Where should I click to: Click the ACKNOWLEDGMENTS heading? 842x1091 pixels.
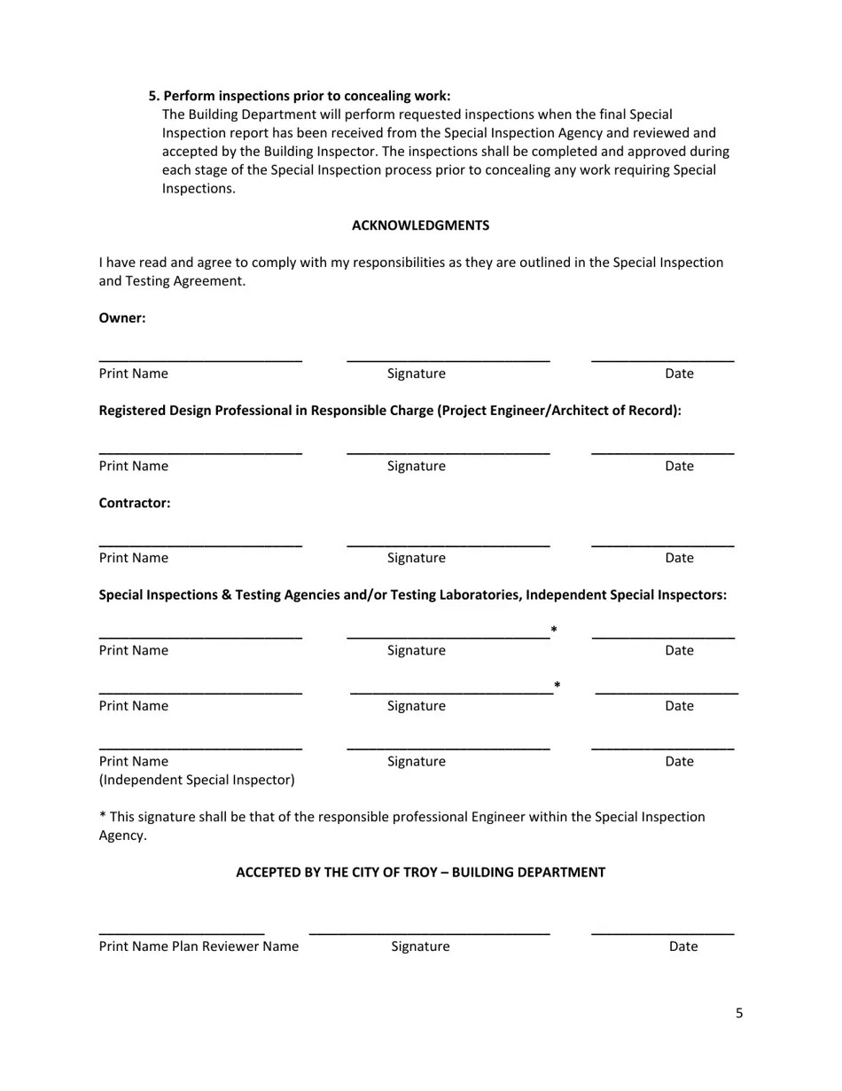point(420,225)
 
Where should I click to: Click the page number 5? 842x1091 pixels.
point(739,1013)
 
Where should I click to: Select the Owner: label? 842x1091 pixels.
point(122,318)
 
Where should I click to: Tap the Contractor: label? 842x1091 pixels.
point(135,503)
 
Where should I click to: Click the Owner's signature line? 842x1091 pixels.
point(448,359)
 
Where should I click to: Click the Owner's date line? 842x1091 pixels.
point(662,359)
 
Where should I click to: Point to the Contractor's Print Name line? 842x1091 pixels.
point(200,544)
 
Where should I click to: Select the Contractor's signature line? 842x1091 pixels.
point(448,544)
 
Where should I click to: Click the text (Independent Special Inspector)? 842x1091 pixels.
point(197,780)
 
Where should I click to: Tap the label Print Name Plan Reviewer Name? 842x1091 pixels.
point(199,946)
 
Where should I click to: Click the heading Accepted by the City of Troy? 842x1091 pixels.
point(420,872)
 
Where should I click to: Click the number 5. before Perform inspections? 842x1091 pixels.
point(154,96)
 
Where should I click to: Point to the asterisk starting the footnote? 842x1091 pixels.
point(102,818)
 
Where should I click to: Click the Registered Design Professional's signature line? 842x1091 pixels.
point(448,452)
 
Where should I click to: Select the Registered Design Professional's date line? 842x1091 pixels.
point(662,452)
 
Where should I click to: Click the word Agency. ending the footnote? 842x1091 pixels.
point(122,836)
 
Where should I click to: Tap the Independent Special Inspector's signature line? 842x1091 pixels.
point(448,748)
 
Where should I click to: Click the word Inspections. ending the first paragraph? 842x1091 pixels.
point(199,189)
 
